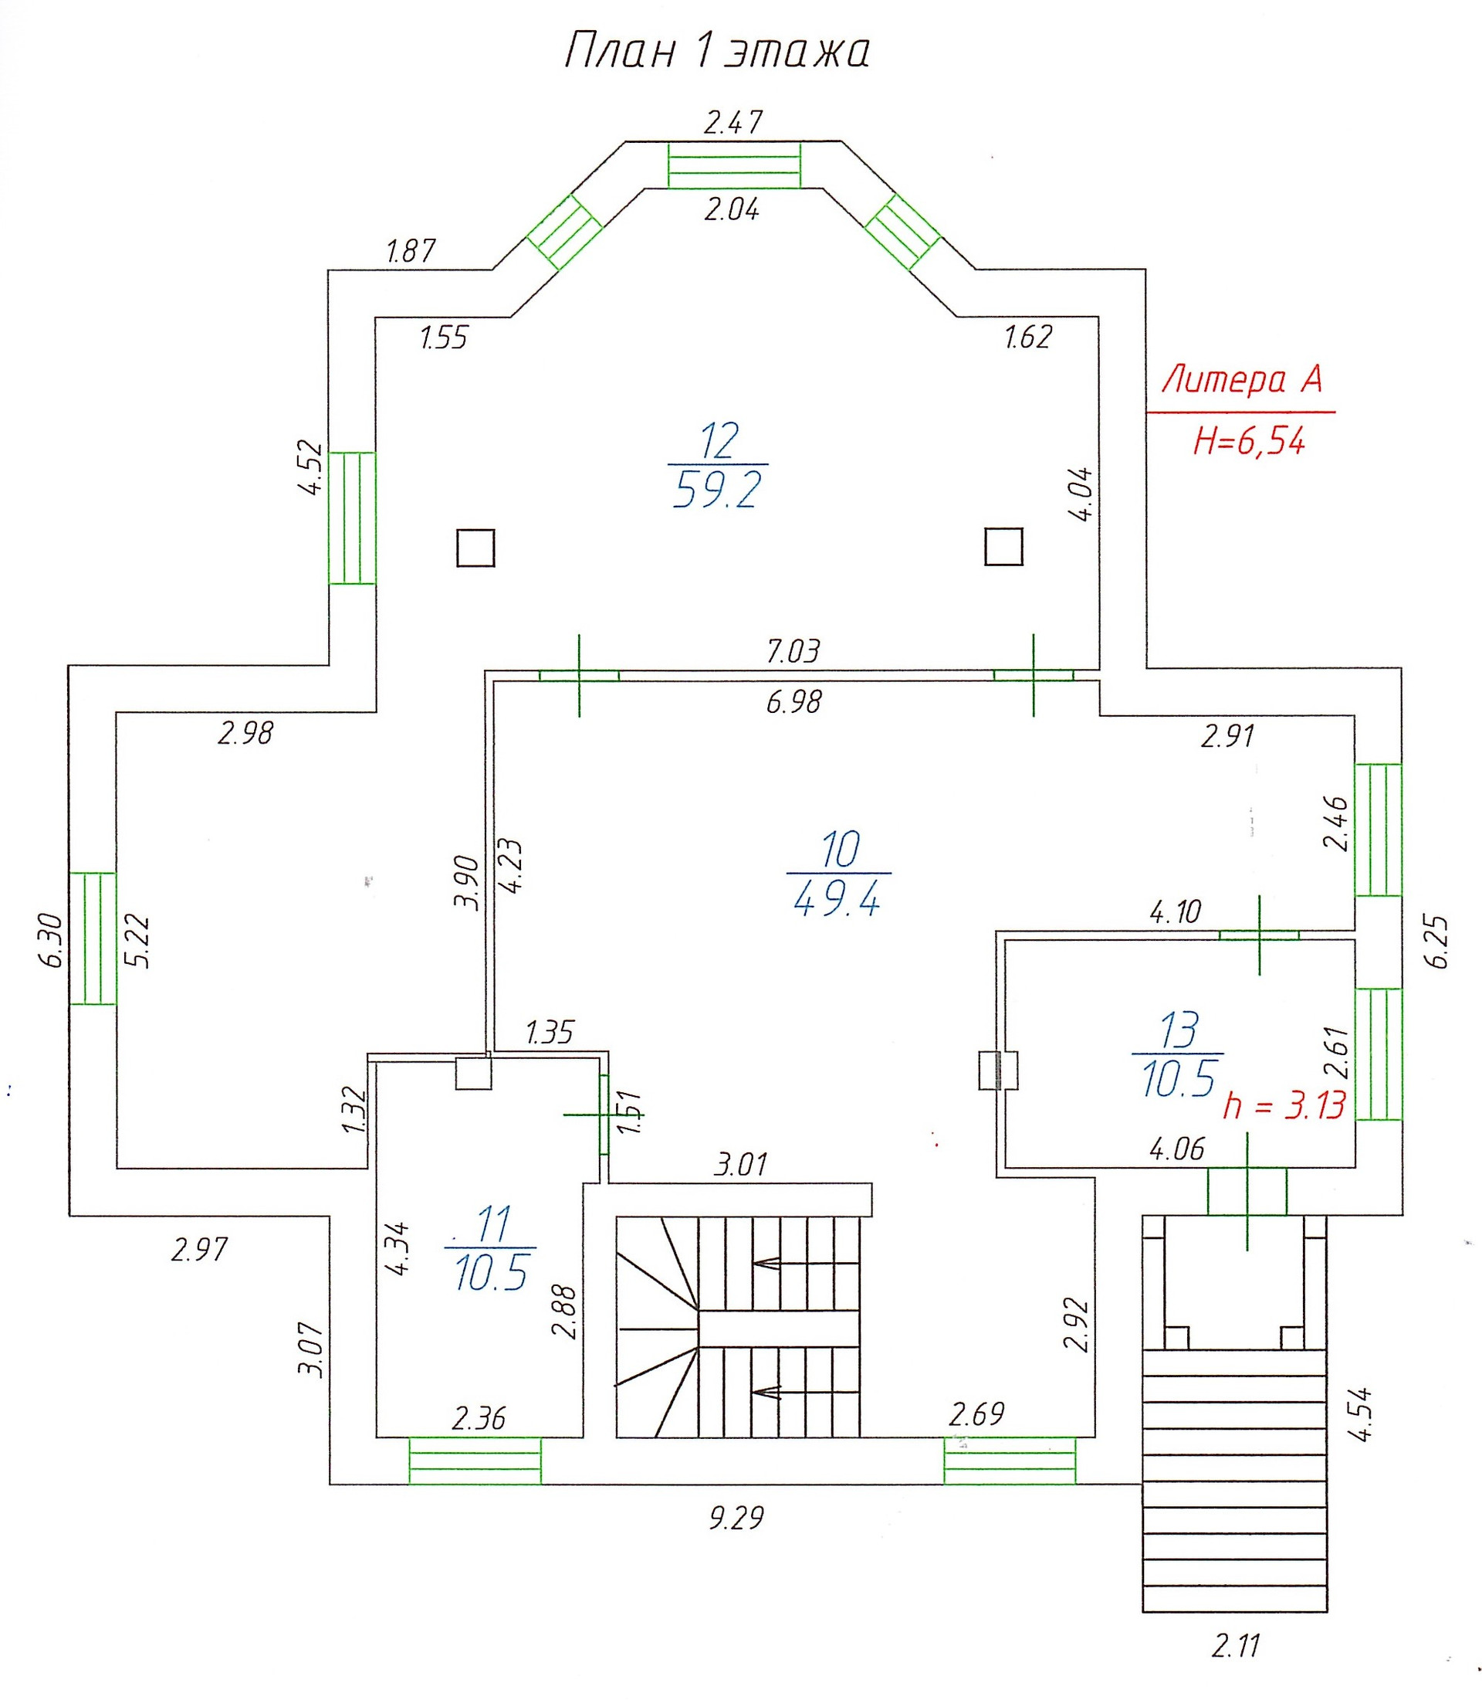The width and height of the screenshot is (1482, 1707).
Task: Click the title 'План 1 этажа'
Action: [x=716, y=52]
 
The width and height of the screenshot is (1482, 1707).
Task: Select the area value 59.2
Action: [x=717, y=491]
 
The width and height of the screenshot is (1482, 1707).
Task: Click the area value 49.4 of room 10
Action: [x=837, y=897]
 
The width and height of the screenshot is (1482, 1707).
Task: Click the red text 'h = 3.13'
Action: [x=1284, y=1105]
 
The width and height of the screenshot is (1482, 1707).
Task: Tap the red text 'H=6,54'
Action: [x=1249, y=442]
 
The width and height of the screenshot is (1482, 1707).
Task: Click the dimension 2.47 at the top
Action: [x=733, y=123]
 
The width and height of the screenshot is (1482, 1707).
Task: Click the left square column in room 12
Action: [x=475, y=548]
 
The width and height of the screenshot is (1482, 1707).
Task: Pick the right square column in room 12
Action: [x=1004, y=547]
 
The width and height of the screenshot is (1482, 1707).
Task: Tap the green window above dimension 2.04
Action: [x=734, y=165]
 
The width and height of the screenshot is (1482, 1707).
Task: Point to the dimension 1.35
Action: [x=550, y=1033]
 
